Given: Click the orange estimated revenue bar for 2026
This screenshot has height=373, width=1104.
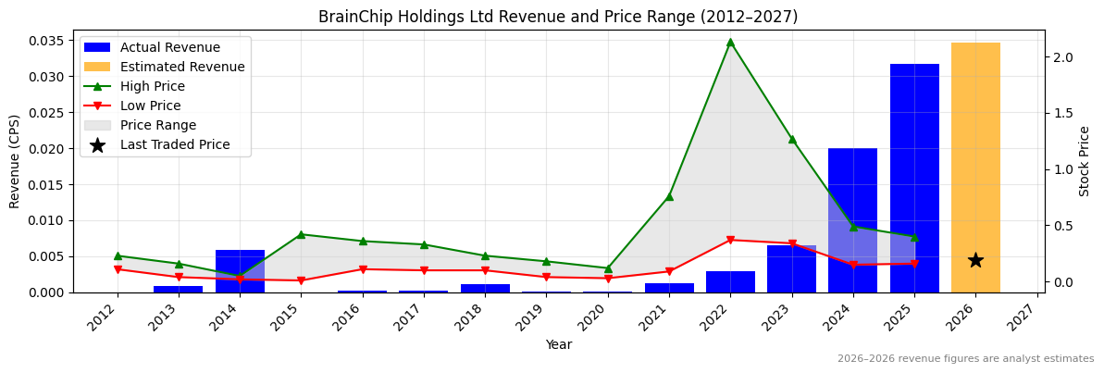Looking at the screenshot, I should (x=975, y=167).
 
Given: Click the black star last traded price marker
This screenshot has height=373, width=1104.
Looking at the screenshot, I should (x=975, y=260).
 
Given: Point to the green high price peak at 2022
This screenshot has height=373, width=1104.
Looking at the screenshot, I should (x=730, y=42).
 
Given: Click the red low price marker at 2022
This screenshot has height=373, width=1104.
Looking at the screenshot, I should (x=730, y=240).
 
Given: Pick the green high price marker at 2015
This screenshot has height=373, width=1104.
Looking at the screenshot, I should (x=301, y=234).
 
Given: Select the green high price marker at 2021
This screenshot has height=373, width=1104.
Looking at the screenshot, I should (x=669, y=196).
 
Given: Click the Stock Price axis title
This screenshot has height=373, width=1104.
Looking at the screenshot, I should (x=1085, y=161).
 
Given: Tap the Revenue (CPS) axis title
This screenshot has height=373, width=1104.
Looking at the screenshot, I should (x=15, y=161).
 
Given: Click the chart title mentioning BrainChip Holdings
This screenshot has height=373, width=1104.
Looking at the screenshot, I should (x=558, y=17).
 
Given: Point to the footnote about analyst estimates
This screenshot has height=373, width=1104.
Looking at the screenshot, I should (x=965, y=359).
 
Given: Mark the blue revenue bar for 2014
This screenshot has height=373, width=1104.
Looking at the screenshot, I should (x=240, y=271).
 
